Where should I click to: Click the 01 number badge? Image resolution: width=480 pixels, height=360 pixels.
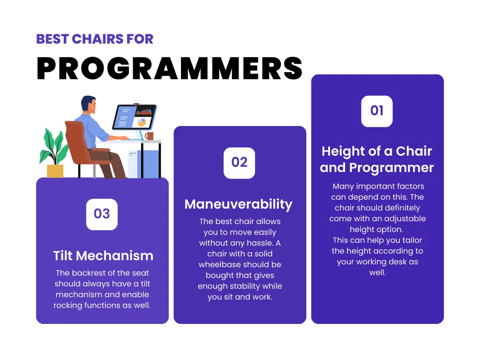click(x=377, y=111)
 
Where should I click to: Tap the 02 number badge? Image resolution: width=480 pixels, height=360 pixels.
click(x=240, y=163)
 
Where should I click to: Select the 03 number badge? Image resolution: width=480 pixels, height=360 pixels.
click(x=102, y=214)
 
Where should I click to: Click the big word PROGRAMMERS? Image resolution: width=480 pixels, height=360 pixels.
click(x=170, y=68)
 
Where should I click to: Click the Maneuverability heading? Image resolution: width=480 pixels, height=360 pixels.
click(x=239, y=204)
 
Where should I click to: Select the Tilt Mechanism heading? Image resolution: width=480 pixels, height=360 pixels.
click(x=103, y=255)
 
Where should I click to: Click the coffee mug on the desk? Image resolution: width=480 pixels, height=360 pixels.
click(x=149, y=135)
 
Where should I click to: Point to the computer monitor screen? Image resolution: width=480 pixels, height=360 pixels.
click(x=135, y=117)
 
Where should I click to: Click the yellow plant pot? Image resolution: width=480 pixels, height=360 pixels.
click(x=55, y=171)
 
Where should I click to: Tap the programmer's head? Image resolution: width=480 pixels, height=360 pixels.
click(x=89, y=104)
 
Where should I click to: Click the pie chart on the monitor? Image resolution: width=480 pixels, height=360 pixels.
click(x=142, y=122)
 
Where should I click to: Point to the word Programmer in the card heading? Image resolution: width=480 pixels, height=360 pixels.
click(x=391, y=168)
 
